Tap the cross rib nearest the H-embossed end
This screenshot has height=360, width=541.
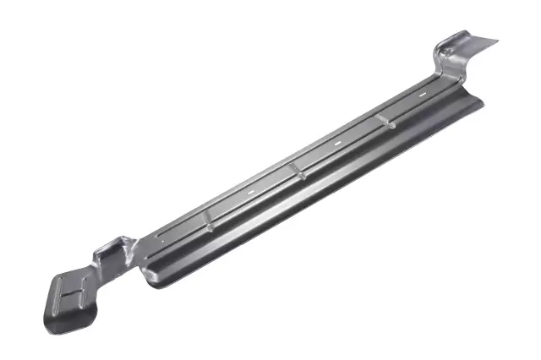[x=207, y=221]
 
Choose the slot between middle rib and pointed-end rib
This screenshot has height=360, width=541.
[x=337, y=145]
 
